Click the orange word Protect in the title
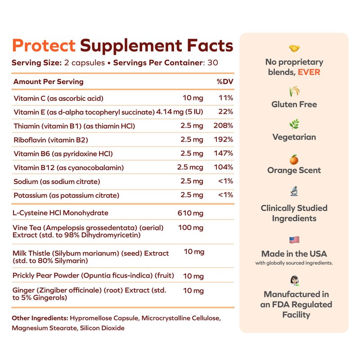click(44, 45)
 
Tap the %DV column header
click(225, 82)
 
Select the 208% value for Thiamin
click(224, 126)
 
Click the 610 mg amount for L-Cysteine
click(191, 212)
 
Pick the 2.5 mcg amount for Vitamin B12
click(190, 167)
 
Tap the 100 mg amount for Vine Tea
click(191, 228)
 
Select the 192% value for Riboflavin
click(224, 140)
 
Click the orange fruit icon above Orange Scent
click(294, 159)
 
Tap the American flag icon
click(294, 240)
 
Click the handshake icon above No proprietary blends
click(294, 49)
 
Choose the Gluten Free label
click(294, 104)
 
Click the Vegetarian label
click(294, 137)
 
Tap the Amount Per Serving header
click(48, 82)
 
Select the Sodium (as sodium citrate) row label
click(57, 181)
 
